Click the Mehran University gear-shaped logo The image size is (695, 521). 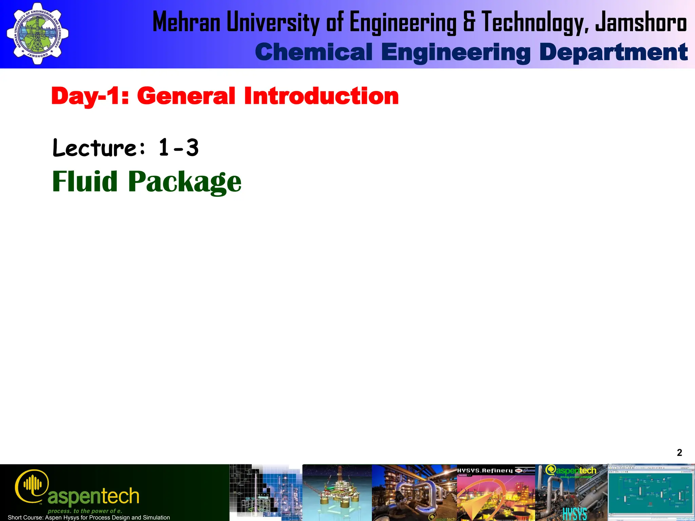click(x=37, y=34)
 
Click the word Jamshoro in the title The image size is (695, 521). click(x=641, y=22)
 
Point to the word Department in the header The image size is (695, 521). click(x=613, y=52)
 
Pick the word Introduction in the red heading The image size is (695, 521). click(x=321, y=96)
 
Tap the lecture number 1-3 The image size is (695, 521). click(x=179, y=148)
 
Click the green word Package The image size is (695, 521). click(x=185, y=182)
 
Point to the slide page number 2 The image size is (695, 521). click(x=679, y=452)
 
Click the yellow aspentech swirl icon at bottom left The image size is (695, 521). click(x=32, y=486)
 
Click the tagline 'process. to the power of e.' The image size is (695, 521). click(x=85, y=511)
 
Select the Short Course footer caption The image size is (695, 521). click(x=89, y=517)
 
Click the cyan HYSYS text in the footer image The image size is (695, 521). click(x=575, y=514)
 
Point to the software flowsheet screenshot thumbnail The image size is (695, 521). click(x=651, y=492)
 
